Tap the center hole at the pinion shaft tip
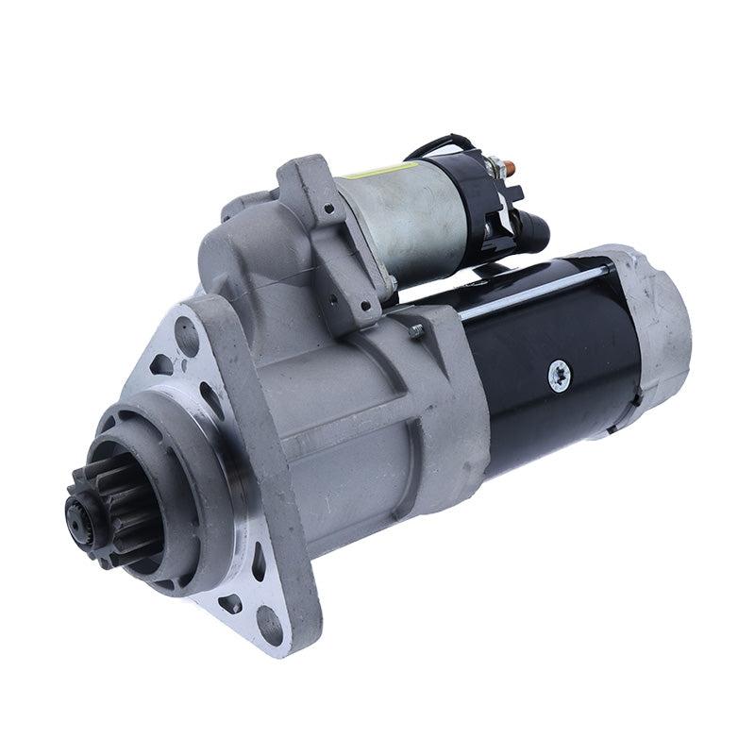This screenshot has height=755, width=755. coord(75,514)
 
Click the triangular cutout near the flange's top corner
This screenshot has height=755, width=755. coord(160,364)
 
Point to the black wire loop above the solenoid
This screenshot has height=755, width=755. coord(438,145)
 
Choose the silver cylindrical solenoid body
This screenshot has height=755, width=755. coord(396,222)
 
